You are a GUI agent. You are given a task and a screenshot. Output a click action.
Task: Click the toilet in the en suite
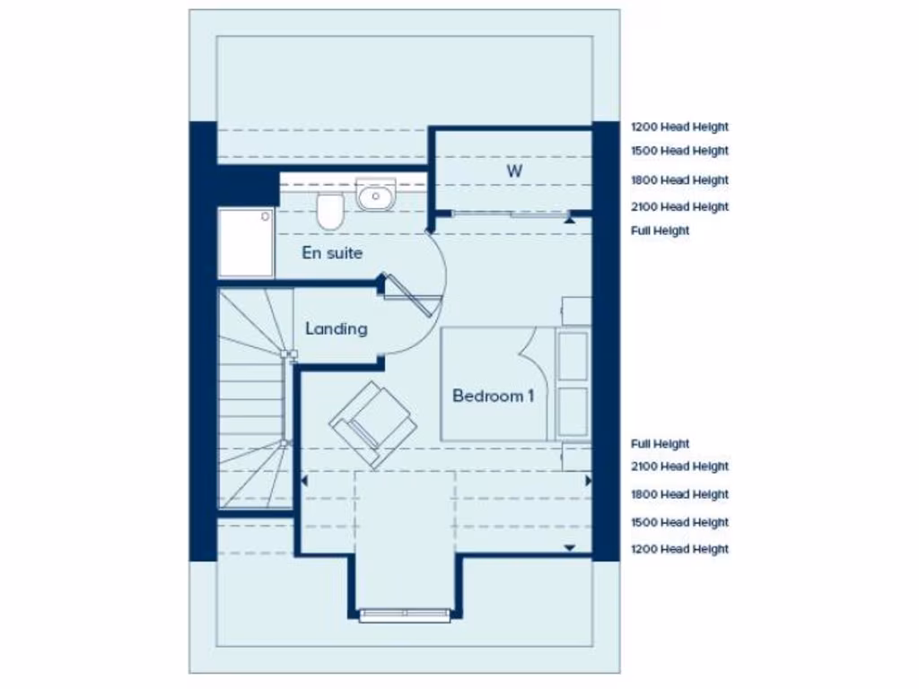pyautogui.click(x=328, y=211)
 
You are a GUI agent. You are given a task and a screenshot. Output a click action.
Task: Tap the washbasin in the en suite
pyautogui.click(x=376, y=194)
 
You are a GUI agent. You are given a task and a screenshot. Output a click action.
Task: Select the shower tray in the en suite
pyautogui.click(x=246, y=242)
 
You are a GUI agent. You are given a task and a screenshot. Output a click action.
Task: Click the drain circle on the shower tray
pyautogui.click(x=265, y=215)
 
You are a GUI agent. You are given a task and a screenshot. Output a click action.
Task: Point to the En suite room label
pyautogui.click(x=332, y=253)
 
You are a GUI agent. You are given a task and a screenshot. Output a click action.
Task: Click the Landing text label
pyautogui.click(x=336, y=328)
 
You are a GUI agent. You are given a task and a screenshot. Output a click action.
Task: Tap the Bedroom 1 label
pyautogui.click(x=493, y=395)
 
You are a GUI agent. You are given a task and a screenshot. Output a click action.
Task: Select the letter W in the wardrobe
pyautogui.click(x=513, y=170)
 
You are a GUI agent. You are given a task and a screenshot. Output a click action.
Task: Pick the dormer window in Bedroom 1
pyautogui.click(x=405, y=615)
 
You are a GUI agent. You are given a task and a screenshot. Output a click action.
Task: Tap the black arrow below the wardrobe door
pyautogui.click(x=568, y=217)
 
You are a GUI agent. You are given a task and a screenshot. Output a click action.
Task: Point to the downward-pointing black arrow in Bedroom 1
pyautogui.click(x=568, y=546)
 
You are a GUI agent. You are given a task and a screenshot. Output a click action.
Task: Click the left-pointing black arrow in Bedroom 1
pyautogui.click(x=304, y=481)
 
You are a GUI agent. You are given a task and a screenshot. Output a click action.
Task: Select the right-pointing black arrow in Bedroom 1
pyautogui.click(x=588, y=481)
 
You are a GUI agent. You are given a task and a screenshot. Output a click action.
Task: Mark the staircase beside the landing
pyautogui.click(x=253, y=399)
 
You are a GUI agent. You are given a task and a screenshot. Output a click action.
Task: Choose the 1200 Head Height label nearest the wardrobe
pyautogui.click(x=679, y=127)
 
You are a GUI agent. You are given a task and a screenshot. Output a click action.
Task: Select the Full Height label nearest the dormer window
pyautogui.click(x=660, y=444)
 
